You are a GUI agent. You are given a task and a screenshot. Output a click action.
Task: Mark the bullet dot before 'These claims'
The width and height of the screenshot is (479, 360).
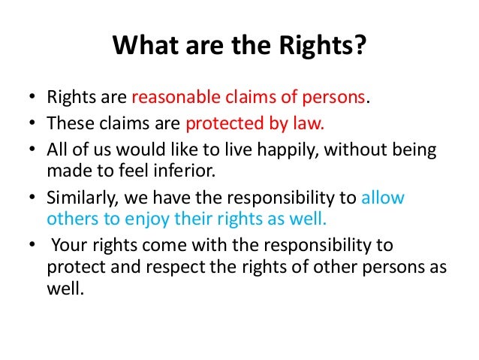tap(32, 125)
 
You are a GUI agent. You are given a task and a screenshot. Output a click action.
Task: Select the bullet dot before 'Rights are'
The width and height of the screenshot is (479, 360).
tap(32, 98)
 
